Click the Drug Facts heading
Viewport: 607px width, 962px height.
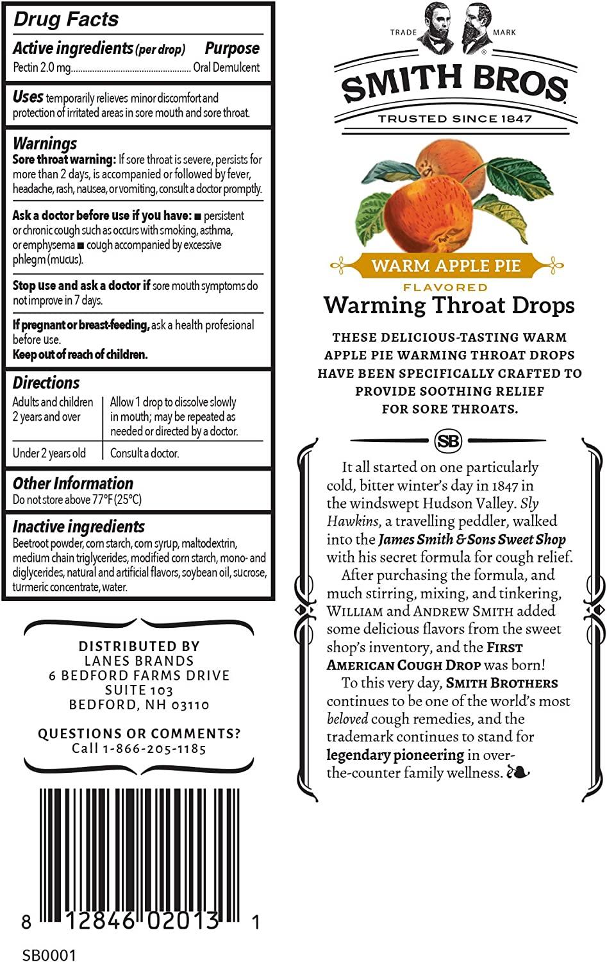(66, 19)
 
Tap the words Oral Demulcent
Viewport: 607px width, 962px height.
(226, 67)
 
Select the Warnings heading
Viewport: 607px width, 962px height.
(45, 143)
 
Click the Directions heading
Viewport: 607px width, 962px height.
(46, 383)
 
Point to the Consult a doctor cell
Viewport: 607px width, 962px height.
(145, 453)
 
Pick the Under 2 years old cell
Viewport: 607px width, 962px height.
(49, 453)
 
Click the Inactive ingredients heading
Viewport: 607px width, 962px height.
(79, 527)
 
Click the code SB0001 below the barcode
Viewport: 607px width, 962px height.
(49, 955)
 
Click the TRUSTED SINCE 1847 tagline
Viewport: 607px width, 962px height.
(455, 119)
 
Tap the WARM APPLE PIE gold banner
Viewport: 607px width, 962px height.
(446, 266)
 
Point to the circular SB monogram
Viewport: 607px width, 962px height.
(448, 441)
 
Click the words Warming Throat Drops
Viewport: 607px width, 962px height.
(449, 305)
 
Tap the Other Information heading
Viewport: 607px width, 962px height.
(73, 484)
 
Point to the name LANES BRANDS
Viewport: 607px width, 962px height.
(139, 661)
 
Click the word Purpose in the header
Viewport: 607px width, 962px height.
(232, 48)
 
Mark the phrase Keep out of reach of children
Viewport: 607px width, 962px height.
(80, 355)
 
